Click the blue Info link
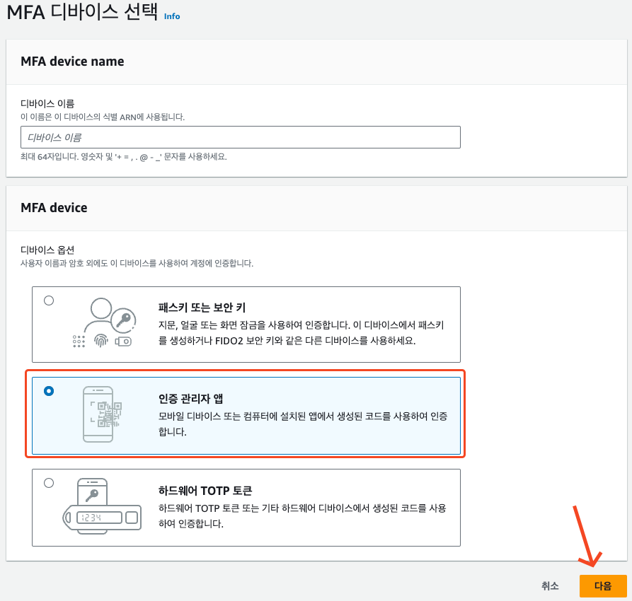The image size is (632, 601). (x=172, y=16)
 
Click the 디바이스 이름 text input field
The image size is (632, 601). (x=240, y=137)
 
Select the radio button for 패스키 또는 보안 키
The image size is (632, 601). (x=49, y=300)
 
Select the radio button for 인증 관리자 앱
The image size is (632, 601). (x=49, y=391)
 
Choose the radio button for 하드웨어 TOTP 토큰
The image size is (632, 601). (x=49, y=483)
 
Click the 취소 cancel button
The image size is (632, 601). (x=550, y=585)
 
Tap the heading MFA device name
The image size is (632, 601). (x=73, y=62)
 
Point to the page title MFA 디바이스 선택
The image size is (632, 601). (x=82, y=12)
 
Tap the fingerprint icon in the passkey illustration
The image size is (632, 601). (x=100, y=341)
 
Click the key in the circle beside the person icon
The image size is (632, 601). (x=123, y=320)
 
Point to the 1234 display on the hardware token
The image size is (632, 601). (x=99, y=518)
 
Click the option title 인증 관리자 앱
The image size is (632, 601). (x=190, y=399)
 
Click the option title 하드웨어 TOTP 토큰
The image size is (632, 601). (x=205, y=491)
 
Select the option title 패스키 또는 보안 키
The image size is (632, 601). (x=202, y=308)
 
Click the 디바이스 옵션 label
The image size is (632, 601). (x=47, y=250)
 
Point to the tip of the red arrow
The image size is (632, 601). (x=592, y=566)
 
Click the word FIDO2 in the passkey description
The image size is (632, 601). (x=229, y=341)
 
